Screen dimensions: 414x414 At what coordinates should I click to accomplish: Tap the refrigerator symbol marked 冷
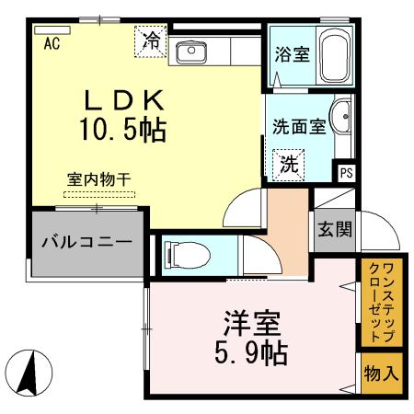(x=151, y=42)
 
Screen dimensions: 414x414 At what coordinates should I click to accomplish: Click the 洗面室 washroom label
(x=299, y=127)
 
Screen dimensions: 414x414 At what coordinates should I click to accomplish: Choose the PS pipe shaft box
(x=346, y=172)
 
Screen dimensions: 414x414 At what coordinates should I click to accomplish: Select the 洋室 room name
(x=250, y=324)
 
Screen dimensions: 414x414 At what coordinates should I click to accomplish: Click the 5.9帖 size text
(x=250, y=353)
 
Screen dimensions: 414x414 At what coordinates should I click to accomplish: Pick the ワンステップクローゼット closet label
(x=380, y=303)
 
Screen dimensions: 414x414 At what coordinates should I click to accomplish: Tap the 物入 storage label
(x=381, y=374)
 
